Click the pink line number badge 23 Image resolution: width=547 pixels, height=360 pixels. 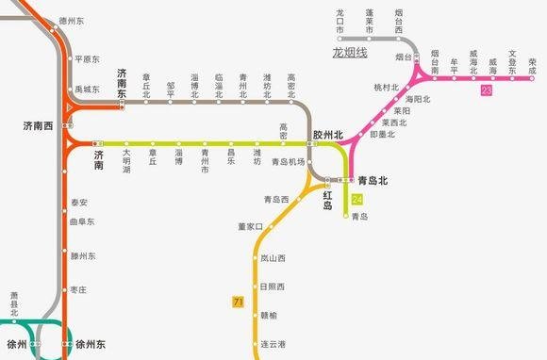pos(486,90)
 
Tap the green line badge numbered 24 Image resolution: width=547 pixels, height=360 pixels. pos(356,199)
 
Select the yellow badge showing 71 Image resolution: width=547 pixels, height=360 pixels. pos(238,302)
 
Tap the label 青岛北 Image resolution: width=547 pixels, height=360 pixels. pos(374,179)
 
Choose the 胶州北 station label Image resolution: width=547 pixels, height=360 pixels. pos(327,135)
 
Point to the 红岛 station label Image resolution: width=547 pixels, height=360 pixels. pos(328,199)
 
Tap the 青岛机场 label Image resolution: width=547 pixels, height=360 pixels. pos(288,162)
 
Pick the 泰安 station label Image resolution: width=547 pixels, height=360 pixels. pos(79,202)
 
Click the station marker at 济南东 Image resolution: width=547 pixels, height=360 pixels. pos(121,105)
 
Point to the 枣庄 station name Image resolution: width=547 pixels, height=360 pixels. pos(79,289)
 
